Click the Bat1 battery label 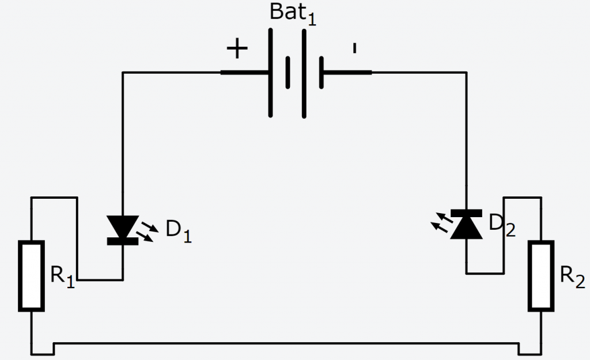293,14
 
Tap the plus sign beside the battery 237,50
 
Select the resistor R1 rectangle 31,276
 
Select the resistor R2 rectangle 542,276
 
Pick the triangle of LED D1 123,226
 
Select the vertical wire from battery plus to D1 123,144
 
